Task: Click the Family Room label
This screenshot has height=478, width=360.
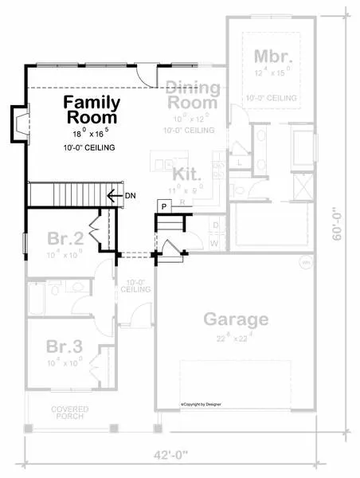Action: [x=92, y=110]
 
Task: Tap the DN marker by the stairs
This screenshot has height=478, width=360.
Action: [x=128, y=194]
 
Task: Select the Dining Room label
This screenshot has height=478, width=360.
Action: [x=191, y=96]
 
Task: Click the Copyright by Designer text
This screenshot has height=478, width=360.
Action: [x=201, y=405]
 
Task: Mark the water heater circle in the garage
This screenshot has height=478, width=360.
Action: [x=303, y=262]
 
